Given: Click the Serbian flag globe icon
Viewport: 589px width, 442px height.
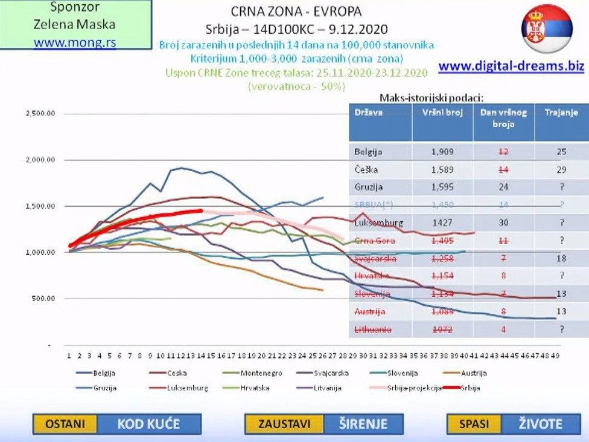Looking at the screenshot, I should [x=547, y=28].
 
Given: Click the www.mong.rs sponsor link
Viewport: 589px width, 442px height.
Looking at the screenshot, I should [x=75, y=42].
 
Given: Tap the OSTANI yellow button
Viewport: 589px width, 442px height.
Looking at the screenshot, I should [x=65, y=424].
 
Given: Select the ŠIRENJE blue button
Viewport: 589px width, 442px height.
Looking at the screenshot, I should [x=363, y=424].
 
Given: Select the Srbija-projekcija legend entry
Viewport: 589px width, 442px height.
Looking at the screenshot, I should [x=415, y=388].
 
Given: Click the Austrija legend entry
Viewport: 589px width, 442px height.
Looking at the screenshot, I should [x=473, y=373].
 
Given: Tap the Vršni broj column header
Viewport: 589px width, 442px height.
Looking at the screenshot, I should [x=442, y=112].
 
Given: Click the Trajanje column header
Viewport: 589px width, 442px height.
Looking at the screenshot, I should [x=561, y=112].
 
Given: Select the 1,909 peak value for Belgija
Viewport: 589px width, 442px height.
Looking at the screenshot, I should [x=442, y=152].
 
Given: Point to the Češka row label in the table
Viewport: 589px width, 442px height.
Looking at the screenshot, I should [x=365, y=169].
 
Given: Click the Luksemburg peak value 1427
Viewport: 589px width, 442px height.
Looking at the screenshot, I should [x=442, y=223].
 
